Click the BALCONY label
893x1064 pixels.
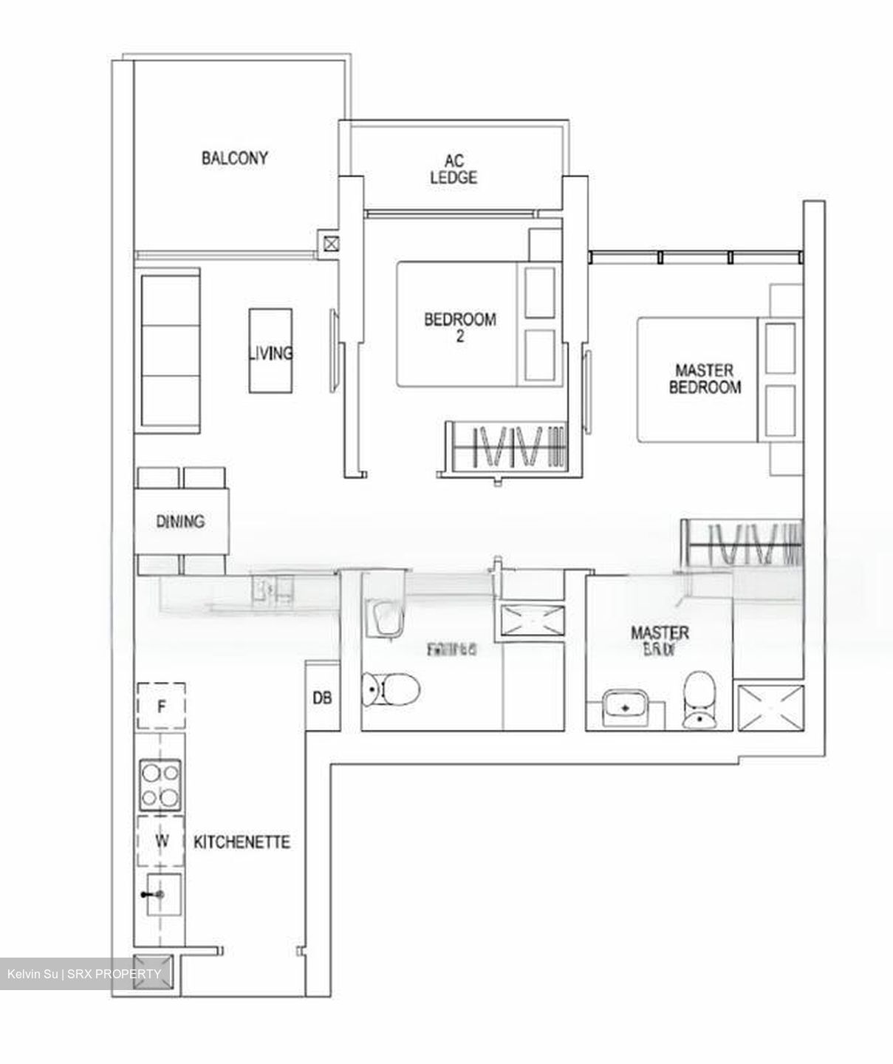(x=234, y=158)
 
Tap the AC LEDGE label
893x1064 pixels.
(x=454, y=169)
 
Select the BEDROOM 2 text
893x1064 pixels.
(x=459, y=328)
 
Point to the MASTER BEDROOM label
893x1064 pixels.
(x=705, y=378)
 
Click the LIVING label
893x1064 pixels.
(x=270, y=352)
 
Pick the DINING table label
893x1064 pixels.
(x=180, y=522)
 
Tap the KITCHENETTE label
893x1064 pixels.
(x=242, y=842)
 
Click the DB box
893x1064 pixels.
(x=321, y=697)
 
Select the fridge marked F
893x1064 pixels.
(x=160, y=707)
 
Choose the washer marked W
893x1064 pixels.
(x=160, y=841)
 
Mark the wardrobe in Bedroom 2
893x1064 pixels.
(x=505, y=446)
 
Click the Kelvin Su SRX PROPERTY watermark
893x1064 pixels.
(x=83, y=974)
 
